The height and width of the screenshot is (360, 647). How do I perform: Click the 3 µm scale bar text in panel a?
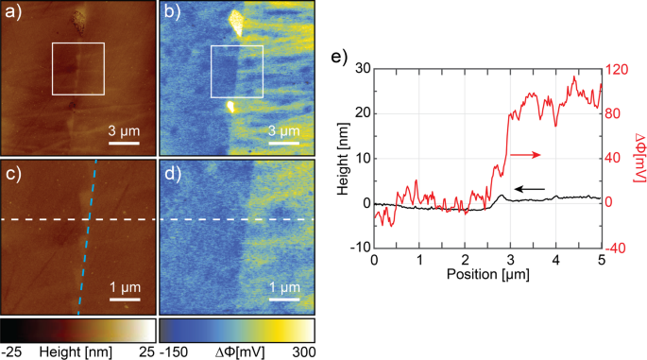[x=125, y=130]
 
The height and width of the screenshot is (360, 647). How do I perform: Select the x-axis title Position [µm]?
[x=486, y=276]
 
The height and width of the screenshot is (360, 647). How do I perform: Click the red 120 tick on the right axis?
[x=619, y=68]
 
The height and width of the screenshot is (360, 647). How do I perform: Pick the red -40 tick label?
[x=619, y=248]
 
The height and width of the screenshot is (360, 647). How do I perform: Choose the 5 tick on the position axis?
[x=601, y=260]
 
